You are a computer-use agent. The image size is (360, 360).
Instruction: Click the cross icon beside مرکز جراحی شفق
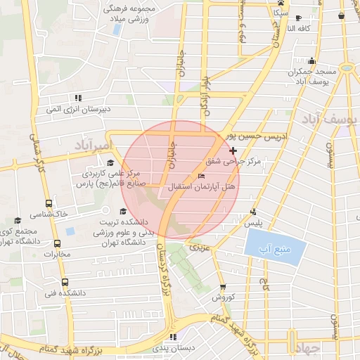[x=233, y=150]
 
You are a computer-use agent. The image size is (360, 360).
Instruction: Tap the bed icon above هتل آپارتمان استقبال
[x=202, y=176]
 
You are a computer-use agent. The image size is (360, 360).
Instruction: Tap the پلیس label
[x=253, y=222]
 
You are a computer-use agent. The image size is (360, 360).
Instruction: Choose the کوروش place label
[x=223, y=297]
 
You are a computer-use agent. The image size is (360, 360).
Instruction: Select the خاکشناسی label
[x=47, y=212]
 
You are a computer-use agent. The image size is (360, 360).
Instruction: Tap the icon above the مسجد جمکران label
[x=311, y=60]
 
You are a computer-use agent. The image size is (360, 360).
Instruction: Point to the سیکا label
[x=281, y=13]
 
